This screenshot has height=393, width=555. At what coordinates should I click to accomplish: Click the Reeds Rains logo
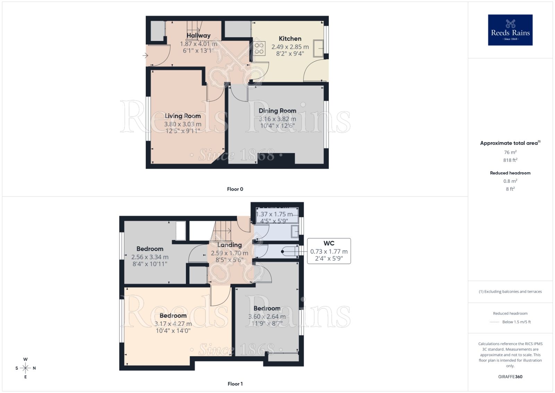click(x=510, y=30)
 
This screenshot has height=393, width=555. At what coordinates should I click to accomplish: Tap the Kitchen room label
click(x=290, y=39)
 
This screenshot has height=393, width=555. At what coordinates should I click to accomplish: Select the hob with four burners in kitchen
click(x=259, y=48)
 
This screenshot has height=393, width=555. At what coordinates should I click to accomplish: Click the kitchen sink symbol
click(x=319, y=48)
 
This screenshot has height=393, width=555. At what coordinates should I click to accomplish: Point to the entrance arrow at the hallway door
click(x=145, y=56)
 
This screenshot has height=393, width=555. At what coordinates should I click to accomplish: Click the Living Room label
click(x=182, y=116)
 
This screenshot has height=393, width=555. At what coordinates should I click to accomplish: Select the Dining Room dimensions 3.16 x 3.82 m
click(x=277, y=119)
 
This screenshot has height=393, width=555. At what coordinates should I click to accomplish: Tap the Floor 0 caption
click(x=235, y=189)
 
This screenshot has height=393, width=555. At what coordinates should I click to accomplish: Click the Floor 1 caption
click(x=235, y=384)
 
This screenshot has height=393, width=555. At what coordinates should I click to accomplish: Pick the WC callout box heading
click(x=328, y=243)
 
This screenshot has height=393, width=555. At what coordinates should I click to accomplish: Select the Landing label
click(x=229, y=245)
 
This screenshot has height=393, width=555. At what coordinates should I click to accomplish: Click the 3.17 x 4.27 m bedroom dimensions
click(x=173, y=324)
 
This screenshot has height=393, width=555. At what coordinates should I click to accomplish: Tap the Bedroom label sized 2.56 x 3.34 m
click(x=150, y=249)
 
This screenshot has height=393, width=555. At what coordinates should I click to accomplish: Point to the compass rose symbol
click(x=25, y=368)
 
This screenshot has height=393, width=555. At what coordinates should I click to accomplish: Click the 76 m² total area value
click(x=510, y=152)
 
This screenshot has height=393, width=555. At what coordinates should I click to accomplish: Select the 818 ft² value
click(x=510, y=160)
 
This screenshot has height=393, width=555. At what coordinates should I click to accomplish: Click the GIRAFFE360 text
click(x=510, y=377)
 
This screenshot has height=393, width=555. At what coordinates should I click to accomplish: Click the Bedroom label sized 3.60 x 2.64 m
click(x=267, y=308)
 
